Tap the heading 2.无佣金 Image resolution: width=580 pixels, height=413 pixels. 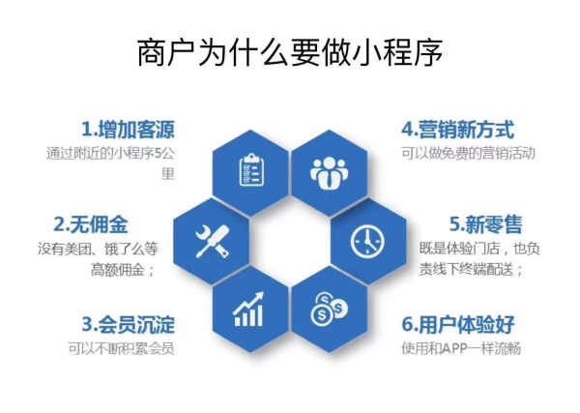coord(100,224)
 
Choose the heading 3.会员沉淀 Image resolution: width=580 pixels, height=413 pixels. coord(128,323)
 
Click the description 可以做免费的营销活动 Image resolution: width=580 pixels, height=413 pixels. coord(468,153)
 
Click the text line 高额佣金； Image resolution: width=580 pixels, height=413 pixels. coord(123,270)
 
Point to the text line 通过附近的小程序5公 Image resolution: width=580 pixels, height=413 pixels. coord(110,153)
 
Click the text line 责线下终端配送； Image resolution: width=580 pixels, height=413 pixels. coord(472,270)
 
